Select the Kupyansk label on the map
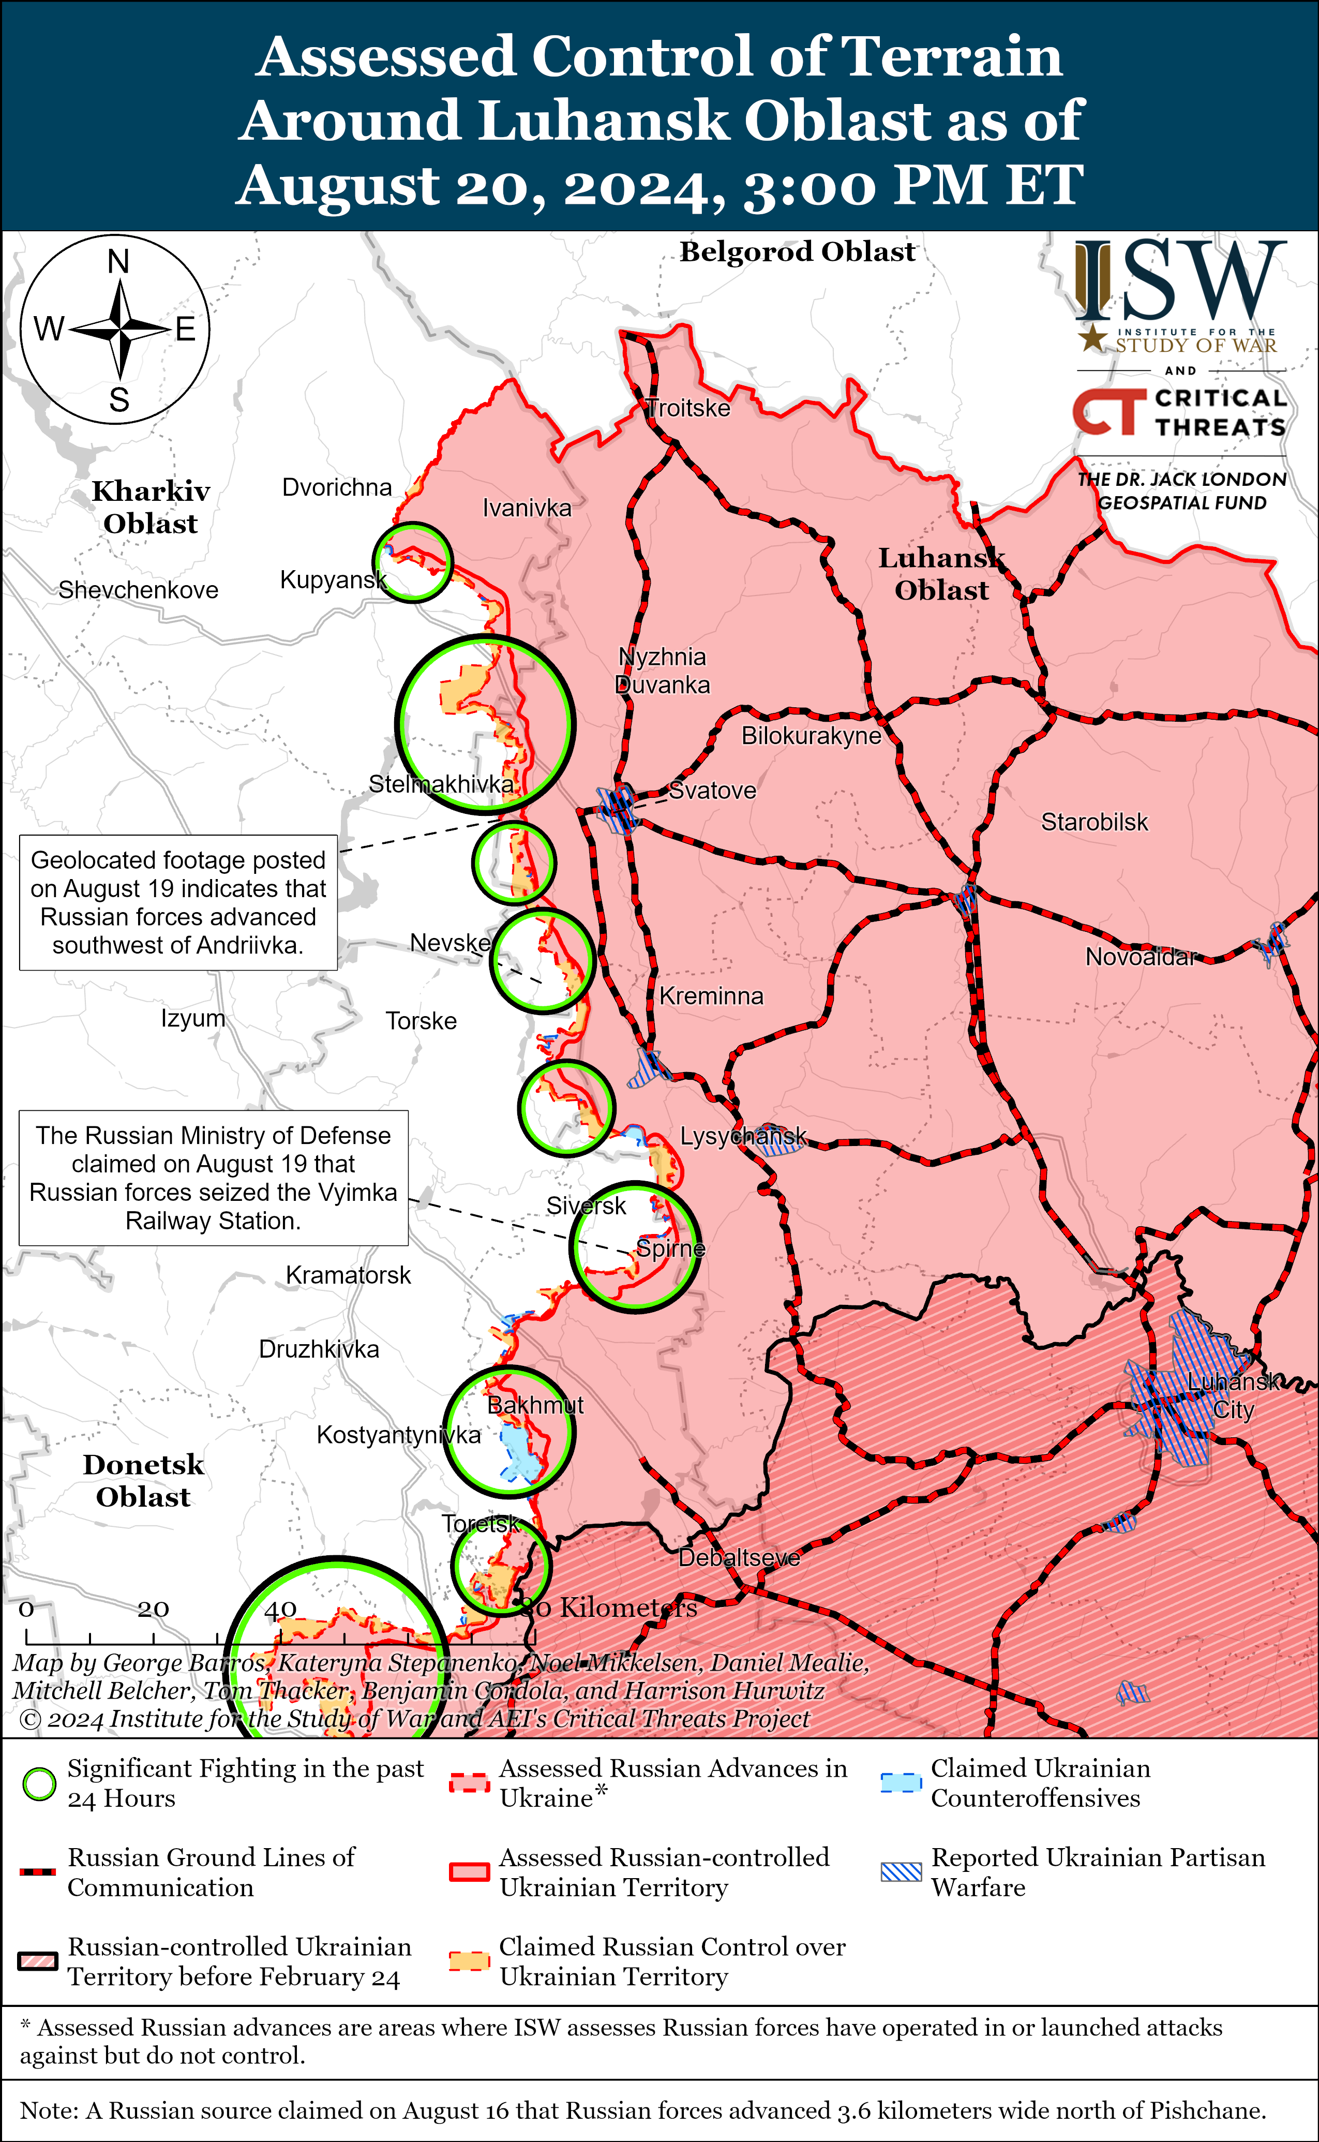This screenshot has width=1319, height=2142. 333,579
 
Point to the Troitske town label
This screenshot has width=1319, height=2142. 688,408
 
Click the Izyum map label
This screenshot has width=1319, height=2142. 193,1018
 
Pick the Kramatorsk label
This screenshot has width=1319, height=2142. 348,1275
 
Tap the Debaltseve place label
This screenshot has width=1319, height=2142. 739,1557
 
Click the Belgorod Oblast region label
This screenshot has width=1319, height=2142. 797,251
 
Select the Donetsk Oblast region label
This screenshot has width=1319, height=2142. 143,1481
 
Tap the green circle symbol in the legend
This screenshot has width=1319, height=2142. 39,1784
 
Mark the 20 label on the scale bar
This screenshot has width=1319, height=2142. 153,1608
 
